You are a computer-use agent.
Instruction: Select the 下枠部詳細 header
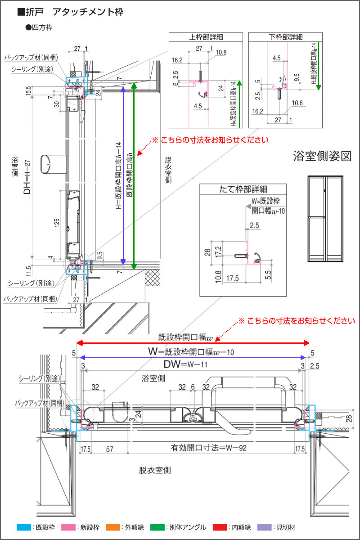pos(285,37)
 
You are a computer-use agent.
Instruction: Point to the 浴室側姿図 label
pos(322,156)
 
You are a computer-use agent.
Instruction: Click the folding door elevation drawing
pos(325,219)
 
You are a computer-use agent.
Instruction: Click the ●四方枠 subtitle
pos(40,27)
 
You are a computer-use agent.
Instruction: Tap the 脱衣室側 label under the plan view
pos(155,470)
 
